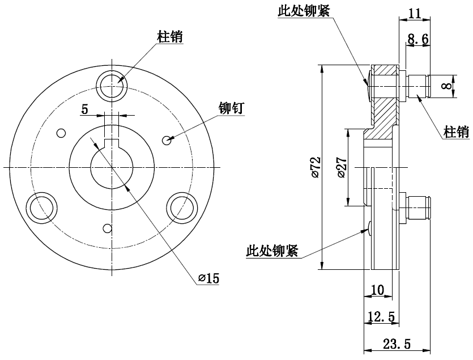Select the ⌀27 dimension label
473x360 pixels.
tap(342, 168)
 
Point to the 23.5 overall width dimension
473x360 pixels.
tap(396, 344)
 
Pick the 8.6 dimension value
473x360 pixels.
tap(418, 39)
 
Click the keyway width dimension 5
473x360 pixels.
tap(84, 109)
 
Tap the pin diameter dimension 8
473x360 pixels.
tap(447, 86)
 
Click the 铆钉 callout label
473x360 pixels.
tap(231, 108)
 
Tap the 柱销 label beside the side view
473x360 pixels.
tap(457, 132)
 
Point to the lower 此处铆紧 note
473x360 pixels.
tap(272, 251)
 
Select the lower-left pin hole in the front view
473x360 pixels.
tap(42, 206)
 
